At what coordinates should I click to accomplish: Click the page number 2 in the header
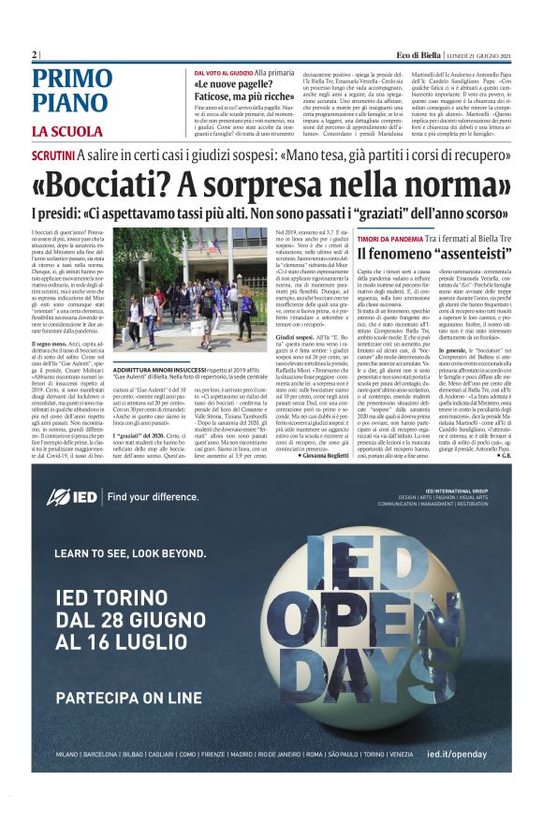click(35, 55)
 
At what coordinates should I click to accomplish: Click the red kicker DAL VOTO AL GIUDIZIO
click(224, 72)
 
